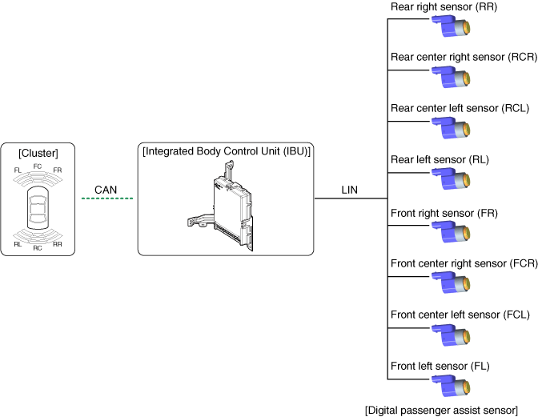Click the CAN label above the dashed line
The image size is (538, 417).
click(106, 189)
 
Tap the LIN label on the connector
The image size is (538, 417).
click(349, 189)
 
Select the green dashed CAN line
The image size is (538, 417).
click(106, 198)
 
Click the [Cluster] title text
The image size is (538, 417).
click(38, 152)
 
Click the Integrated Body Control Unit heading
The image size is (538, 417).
click(226, 151)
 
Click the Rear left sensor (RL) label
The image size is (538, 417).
click(440, 160)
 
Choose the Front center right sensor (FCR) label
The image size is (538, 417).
click(464, 263)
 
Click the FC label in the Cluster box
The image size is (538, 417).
click(38, 166)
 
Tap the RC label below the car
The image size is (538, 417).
click(38, 248)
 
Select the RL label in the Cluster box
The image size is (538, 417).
click(18, 244)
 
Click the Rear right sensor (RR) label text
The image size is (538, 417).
click(444, 6)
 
